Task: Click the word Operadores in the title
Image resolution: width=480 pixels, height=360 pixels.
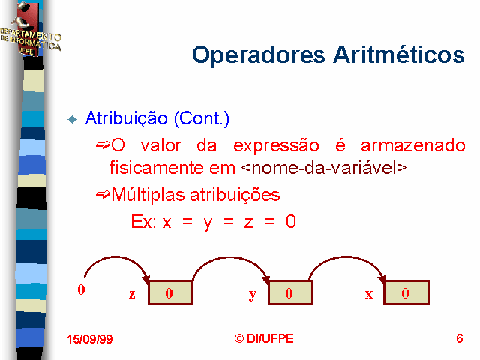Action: (258, 55)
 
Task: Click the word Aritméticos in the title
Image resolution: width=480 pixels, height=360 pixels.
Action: (399, 55)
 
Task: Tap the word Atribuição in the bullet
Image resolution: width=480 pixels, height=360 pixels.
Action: (127, 118)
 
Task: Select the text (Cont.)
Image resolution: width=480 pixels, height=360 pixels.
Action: (202, 118)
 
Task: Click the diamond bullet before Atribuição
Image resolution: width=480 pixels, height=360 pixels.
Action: (73, 119)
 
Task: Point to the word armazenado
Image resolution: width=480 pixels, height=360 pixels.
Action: (413, 145)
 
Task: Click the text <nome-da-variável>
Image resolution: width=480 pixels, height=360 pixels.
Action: (324, 168)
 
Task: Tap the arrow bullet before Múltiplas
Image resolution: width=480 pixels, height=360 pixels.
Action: (103, 194)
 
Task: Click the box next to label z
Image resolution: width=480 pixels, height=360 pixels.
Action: (170, 292)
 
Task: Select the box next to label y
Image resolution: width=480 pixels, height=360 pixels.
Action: (290, 292)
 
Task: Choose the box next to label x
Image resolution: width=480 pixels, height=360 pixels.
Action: (406, 292)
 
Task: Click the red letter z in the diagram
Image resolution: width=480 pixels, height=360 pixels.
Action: (132, 294)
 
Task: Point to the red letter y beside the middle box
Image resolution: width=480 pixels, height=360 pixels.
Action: (252, 295)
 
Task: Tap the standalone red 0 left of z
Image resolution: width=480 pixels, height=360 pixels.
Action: (81, 289)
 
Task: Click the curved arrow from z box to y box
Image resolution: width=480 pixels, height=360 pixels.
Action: (229, 258)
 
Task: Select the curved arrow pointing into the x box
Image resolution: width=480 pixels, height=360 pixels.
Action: (346, 257)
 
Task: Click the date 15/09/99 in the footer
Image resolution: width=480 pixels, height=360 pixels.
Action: (90, 339)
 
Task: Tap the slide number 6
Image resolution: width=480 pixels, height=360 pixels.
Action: (460, 338)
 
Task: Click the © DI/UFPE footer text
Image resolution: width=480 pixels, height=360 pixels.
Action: (264, 338)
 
